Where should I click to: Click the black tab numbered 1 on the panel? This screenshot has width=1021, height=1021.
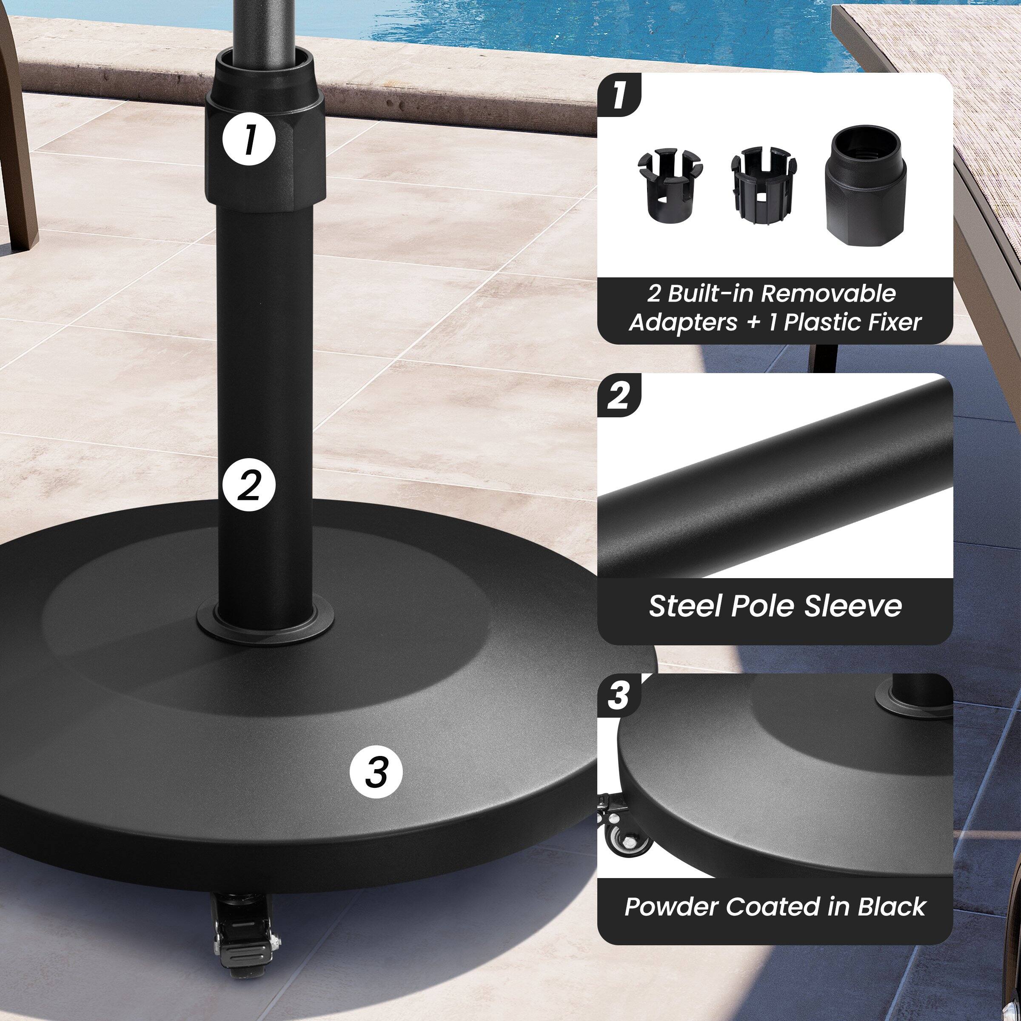click(x=619, y=96)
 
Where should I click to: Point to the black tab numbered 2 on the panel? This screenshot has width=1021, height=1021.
click(x=619, y=395)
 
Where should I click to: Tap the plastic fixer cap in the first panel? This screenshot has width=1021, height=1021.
click(x=865, y=185)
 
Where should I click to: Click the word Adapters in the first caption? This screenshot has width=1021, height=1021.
click(x=683, y=322)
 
